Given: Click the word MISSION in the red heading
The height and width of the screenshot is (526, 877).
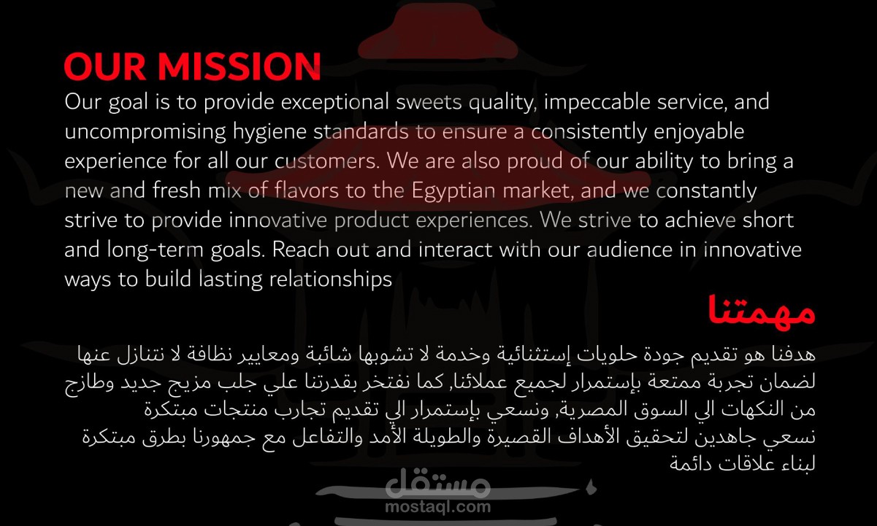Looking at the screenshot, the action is point(240,66).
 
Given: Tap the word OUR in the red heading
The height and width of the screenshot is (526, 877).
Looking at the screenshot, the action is point(105,66).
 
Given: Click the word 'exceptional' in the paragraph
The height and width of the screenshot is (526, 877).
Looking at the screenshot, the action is point(334,102).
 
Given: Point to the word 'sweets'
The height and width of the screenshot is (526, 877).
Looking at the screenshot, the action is point(429,102).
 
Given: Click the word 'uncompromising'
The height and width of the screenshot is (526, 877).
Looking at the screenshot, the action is point(145,132).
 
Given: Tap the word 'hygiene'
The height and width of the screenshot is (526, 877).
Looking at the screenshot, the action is point(269,132).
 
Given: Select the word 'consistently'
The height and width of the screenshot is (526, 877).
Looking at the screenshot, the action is point(589,132).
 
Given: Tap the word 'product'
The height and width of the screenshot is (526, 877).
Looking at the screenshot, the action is point(372,220).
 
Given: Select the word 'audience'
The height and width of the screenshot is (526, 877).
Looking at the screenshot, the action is point(629,250).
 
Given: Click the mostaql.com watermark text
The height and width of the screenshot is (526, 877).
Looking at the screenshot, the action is point(437,507).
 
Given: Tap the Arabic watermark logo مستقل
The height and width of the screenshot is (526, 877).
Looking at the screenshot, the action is point(437,483).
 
